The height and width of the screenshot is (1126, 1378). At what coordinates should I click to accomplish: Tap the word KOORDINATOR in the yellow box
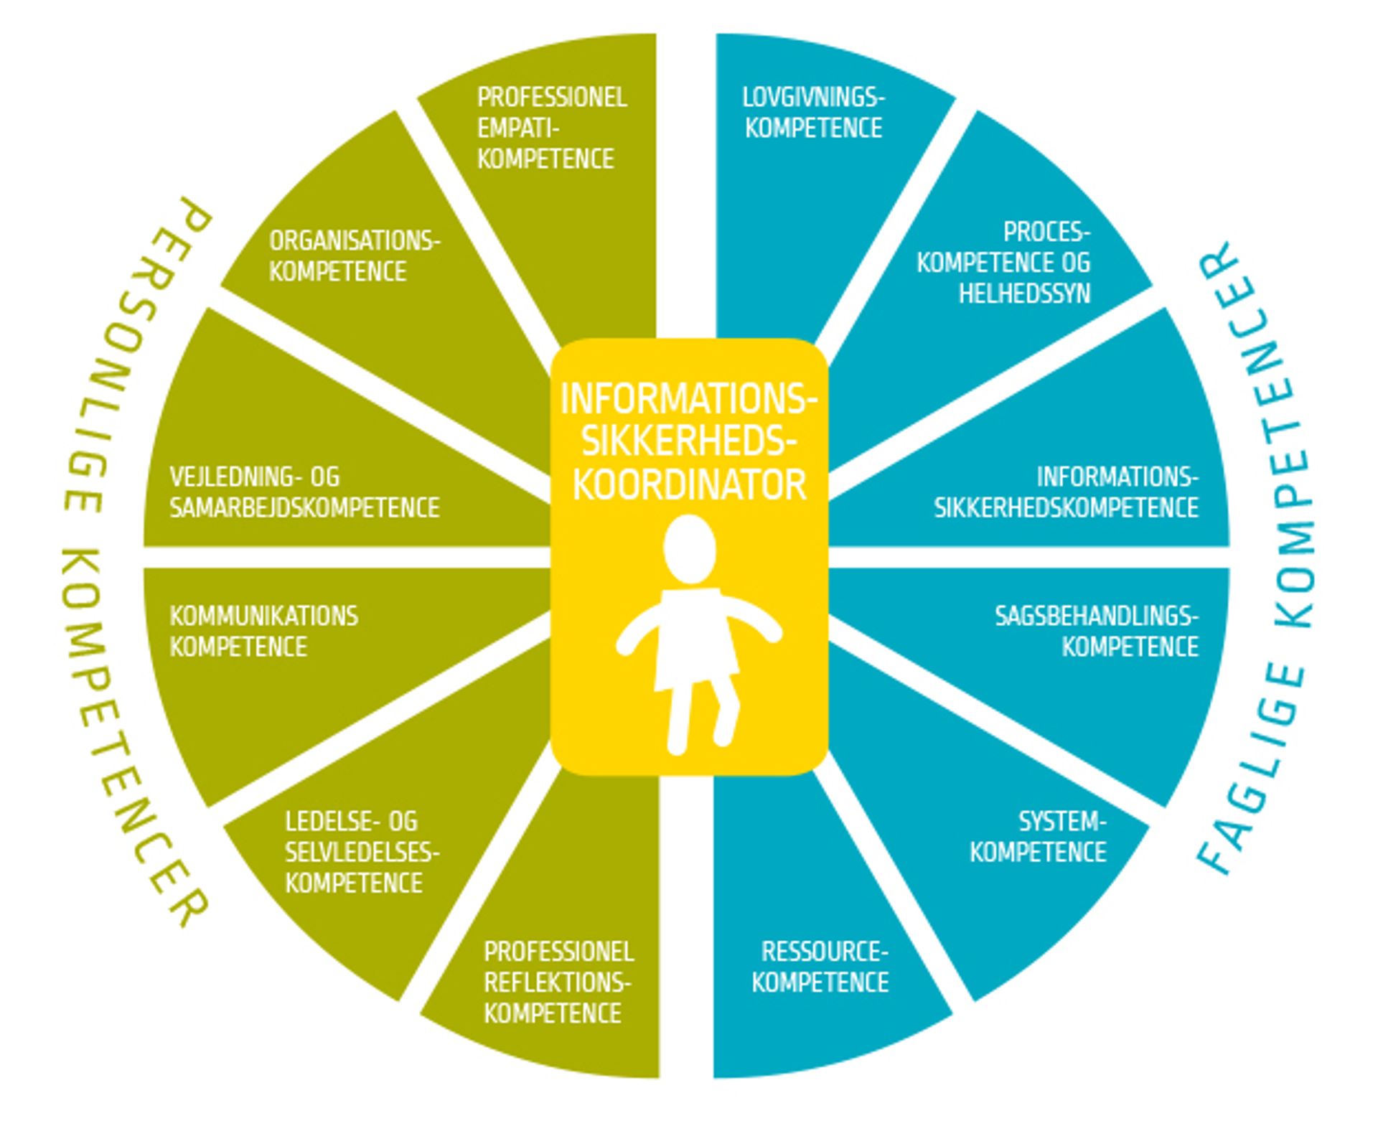pyautogui.click(x=689, y=486)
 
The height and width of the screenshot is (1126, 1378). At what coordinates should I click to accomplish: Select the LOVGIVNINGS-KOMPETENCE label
pyautogui.click(x=813, y=113)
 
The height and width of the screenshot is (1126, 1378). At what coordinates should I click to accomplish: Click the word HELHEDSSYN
pyautogui.click(x=1024, y=294)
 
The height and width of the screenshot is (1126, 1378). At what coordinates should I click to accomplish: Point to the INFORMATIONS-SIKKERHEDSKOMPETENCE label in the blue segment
pyautogui.click(x=1066, y=492)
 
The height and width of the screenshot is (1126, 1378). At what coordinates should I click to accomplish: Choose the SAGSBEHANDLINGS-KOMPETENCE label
pyautogui.click(x=1096, y=632)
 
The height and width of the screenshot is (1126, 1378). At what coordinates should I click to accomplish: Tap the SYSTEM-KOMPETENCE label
pyautogui.click(x=1038, y=837)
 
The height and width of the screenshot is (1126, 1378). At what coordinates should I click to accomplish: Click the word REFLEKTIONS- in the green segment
pyautogui.click(x=557, y=982)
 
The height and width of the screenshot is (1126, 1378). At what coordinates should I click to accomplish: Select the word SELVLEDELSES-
pyautogui.click(x=362, y=852)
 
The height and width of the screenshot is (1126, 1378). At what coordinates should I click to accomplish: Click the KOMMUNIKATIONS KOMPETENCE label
pyautogui.click(x=263, y=632)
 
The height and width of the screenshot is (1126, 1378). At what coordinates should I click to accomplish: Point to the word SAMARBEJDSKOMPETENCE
pyautogui.click(x=304, y=508)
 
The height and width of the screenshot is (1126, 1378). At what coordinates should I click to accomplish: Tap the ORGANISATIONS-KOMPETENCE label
pyautogui.click(x=354, y=256)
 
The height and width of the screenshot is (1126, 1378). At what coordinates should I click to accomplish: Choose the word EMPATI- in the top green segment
pyautogui.click(x=518, y=128)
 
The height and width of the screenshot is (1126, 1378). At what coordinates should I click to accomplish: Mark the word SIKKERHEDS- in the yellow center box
pyautogui.click(x=689, y=442)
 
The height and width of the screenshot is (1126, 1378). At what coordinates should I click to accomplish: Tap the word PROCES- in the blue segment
pyautogui.click(x=1046, y=232)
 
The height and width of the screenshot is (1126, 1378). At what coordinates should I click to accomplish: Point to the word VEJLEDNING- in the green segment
pyautogui.click(x=254, y=477)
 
